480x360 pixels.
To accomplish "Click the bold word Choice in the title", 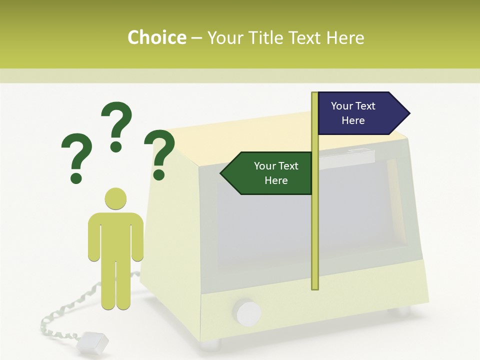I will point(156,37).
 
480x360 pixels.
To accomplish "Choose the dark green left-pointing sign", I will point(267,173).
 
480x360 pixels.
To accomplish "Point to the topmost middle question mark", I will point(117,125).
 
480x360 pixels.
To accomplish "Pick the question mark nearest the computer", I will point(160,154).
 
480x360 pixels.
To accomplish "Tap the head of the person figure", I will point(116,198).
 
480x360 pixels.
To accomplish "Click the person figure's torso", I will point(116,235).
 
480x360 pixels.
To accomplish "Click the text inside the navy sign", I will point(353,113).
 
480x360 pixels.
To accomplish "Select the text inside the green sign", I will point(276,173).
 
